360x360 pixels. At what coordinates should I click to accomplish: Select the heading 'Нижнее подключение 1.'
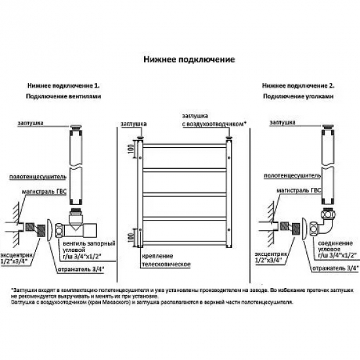63,86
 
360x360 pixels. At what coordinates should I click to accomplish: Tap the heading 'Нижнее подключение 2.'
298,86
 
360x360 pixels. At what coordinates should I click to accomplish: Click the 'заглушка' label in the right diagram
283,122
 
